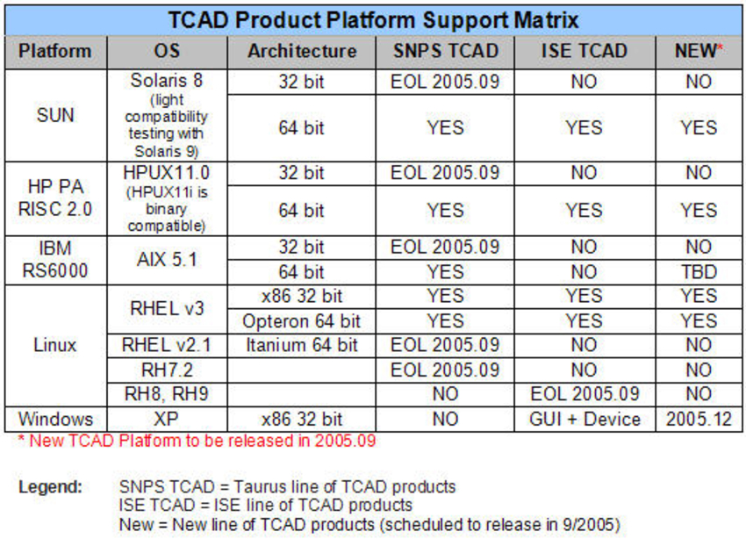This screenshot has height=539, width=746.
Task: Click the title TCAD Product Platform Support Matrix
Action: coord(372,20)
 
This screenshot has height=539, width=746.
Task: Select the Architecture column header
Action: coord(302,52)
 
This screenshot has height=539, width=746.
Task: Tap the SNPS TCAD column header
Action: coord(444,52)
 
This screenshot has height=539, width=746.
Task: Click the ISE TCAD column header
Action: coord(584,52)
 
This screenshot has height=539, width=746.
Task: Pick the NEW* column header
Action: coord(699,52)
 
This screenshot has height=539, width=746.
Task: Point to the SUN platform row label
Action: coord(56,115)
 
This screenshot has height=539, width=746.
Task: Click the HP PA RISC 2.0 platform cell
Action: coord(56,198)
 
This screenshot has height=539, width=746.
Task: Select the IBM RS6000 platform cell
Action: coord(56,259)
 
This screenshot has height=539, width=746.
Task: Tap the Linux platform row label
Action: coord(56,344)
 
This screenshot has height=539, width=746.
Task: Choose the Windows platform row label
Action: coord(56,419)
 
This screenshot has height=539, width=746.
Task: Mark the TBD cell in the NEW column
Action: coord(699,271)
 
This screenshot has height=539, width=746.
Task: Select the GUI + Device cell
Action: coord(584,419)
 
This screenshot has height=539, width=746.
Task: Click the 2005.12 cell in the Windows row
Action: coord(699,419)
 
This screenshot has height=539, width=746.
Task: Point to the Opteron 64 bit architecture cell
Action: coord(302,320)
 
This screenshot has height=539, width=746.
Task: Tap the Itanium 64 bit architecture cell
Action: coord(302,345)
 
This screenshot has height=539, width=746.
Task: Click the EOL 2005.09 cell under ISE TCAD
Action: coord(584,394)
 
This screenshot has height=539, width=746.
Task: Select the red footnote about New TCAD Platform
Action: coord(197,441)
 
